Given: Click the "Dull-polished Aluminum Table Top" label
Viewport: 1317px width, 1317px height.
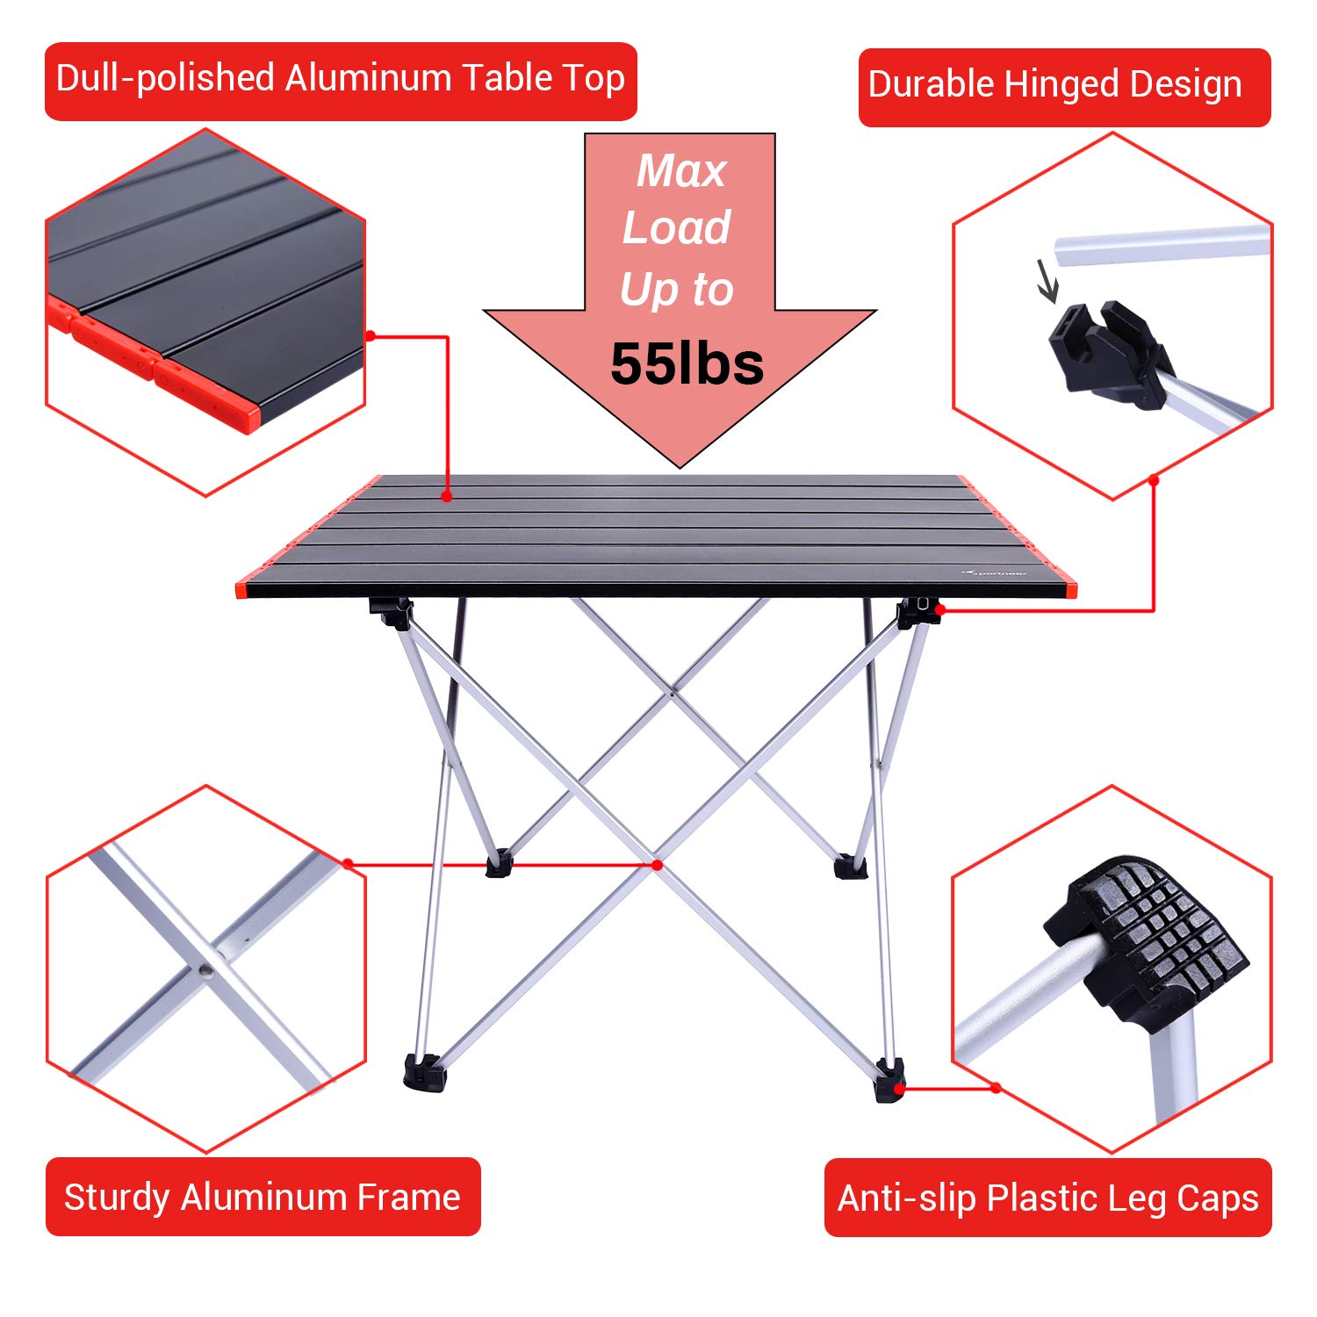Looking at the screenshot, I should (x=341, y=80).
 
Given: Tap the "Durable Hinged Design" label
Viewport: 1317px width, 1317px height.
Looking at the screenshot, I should (x=1063, y=86).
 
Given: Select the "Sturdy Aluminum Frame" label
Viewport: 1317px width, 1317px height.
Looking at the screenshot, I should (x=263, y=1198).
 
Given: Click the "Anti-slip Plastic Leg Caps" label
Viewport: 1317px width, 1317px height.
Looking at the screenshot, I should (x=1047, y=1198).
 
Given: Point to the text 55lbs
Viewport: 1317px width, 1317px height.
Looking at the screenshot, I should (x=687, y=363).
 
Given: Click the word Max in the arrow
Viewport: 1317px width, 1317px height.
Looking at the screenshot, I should (x=681, y=171).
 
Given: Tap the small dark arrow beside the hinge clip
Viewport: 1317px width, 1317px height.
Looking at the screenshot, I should (x=1047, y=281).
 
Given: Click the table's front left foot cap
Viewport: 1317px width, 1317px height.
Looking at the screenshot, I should (x=424, y=1072).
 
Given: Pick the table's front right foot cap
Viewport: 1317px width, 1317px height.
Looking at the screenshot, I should (x=889, y=1080).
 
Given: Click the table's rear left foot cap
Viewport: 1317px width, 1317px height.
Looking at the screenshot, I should (x=499, y=864).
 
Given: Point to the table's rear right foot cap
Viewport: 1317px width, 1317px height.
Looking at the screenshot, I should (x=850, y=866).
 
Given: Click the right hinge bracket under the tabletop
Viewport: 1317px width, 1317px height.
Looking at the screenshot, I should (x=915, y=612).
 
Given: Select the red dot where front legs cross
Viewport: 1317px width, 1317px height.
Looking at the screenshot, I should (x=657, y=865).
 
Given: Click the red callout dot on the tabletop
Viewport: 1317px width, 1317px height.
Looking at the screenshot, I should (x=447, y=497).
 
